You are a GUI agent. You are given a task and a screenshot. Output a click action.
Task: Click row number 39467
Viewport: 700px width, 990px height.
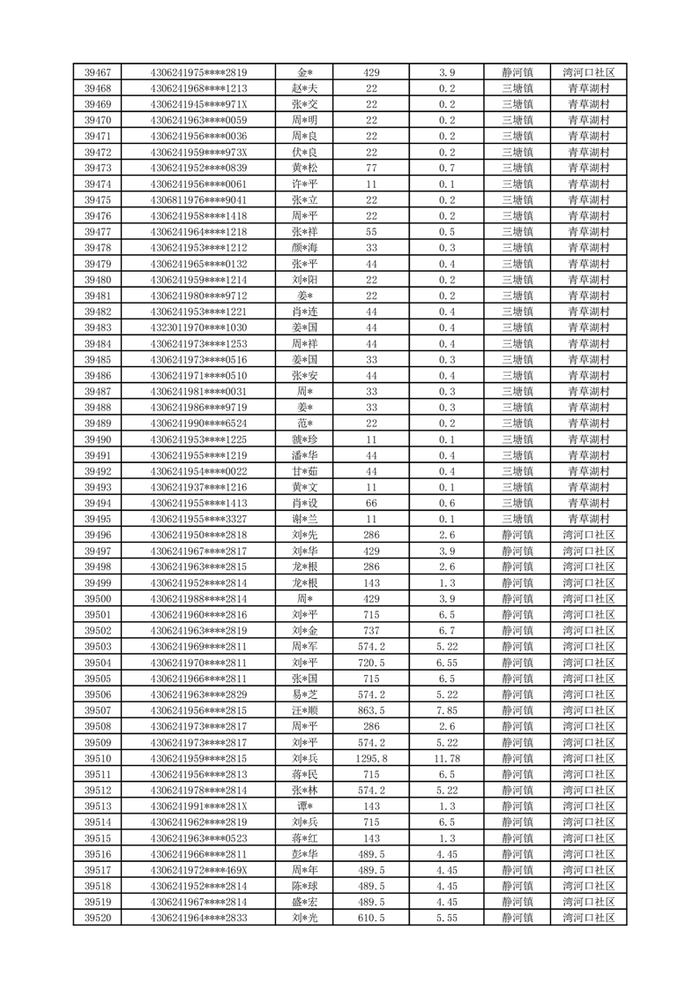pyautogui.click(x=97, y=72)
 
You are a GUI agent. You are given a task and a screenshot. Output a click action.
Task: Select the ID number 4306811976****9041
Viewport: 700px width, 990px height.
pyautogui.click(x=199, y=200)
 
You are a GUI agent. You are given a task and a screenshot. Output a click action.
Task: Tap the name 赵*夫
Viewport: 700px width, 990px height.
pyautogui.click(x=306, y=88)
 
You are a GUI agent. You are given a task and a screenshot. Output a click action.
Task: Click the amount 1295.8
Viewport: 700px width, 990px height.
pyautogui.click(x=371, y=759)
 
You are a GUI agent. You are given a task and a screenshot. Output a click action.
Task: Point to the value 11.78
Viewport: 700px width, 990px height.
pyautogui.click(x=447, y=759)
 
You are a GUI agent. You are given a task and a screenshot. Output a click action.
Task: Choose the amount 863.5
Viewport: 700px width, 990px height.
pyautogui.click(x=371, y=711)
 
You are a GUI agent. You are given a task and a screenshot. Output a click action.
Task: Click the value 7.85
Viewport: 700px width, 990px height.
pyautogui.click(x=447, y=711)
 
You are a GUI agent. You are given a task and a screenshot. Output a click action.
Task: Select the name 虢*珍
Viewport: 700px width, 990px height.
pyautogui.click(x=306, y=439)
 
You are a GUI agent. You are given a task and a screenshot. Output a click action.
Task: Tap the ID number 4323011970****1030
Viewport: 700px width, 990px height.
pyautogui.click(x=199, y=328)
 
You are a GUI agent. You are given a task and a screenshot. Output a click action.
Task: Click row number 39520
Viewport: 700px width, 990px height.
pyautogui.click(x=97, y=919)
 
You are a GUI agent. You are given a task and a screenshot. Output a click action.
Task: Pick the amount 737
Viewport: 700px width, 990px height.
pyautogui.click(x=371, y=631)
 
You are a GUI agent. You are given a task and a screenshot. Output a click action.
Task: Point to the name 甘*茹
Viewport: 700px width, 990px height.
pyautogui.click(x=306, y=471)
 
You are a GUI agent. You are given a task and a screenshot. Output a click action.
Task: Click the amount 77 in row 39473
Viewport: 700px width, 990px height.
pyautogui.click(x=371, y=169)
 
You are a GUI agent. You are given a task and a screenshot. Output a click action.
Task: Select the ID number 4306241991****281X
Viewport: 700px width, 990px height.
pyautogui.click(x=199, y=806)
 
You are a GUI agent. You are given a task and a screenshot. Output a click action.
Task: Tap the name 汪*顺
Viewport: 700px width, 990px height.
pyautogui.click(x=306, y=711)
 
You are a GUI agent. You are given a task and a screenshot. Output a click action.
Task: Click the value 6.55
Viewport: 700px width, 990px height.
pyautogui.click(x=447, y=663)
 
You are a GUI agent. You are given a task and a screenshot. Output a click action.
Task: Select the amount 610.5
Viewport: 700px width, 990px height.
pyautogui.click(x=371, y=919)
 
